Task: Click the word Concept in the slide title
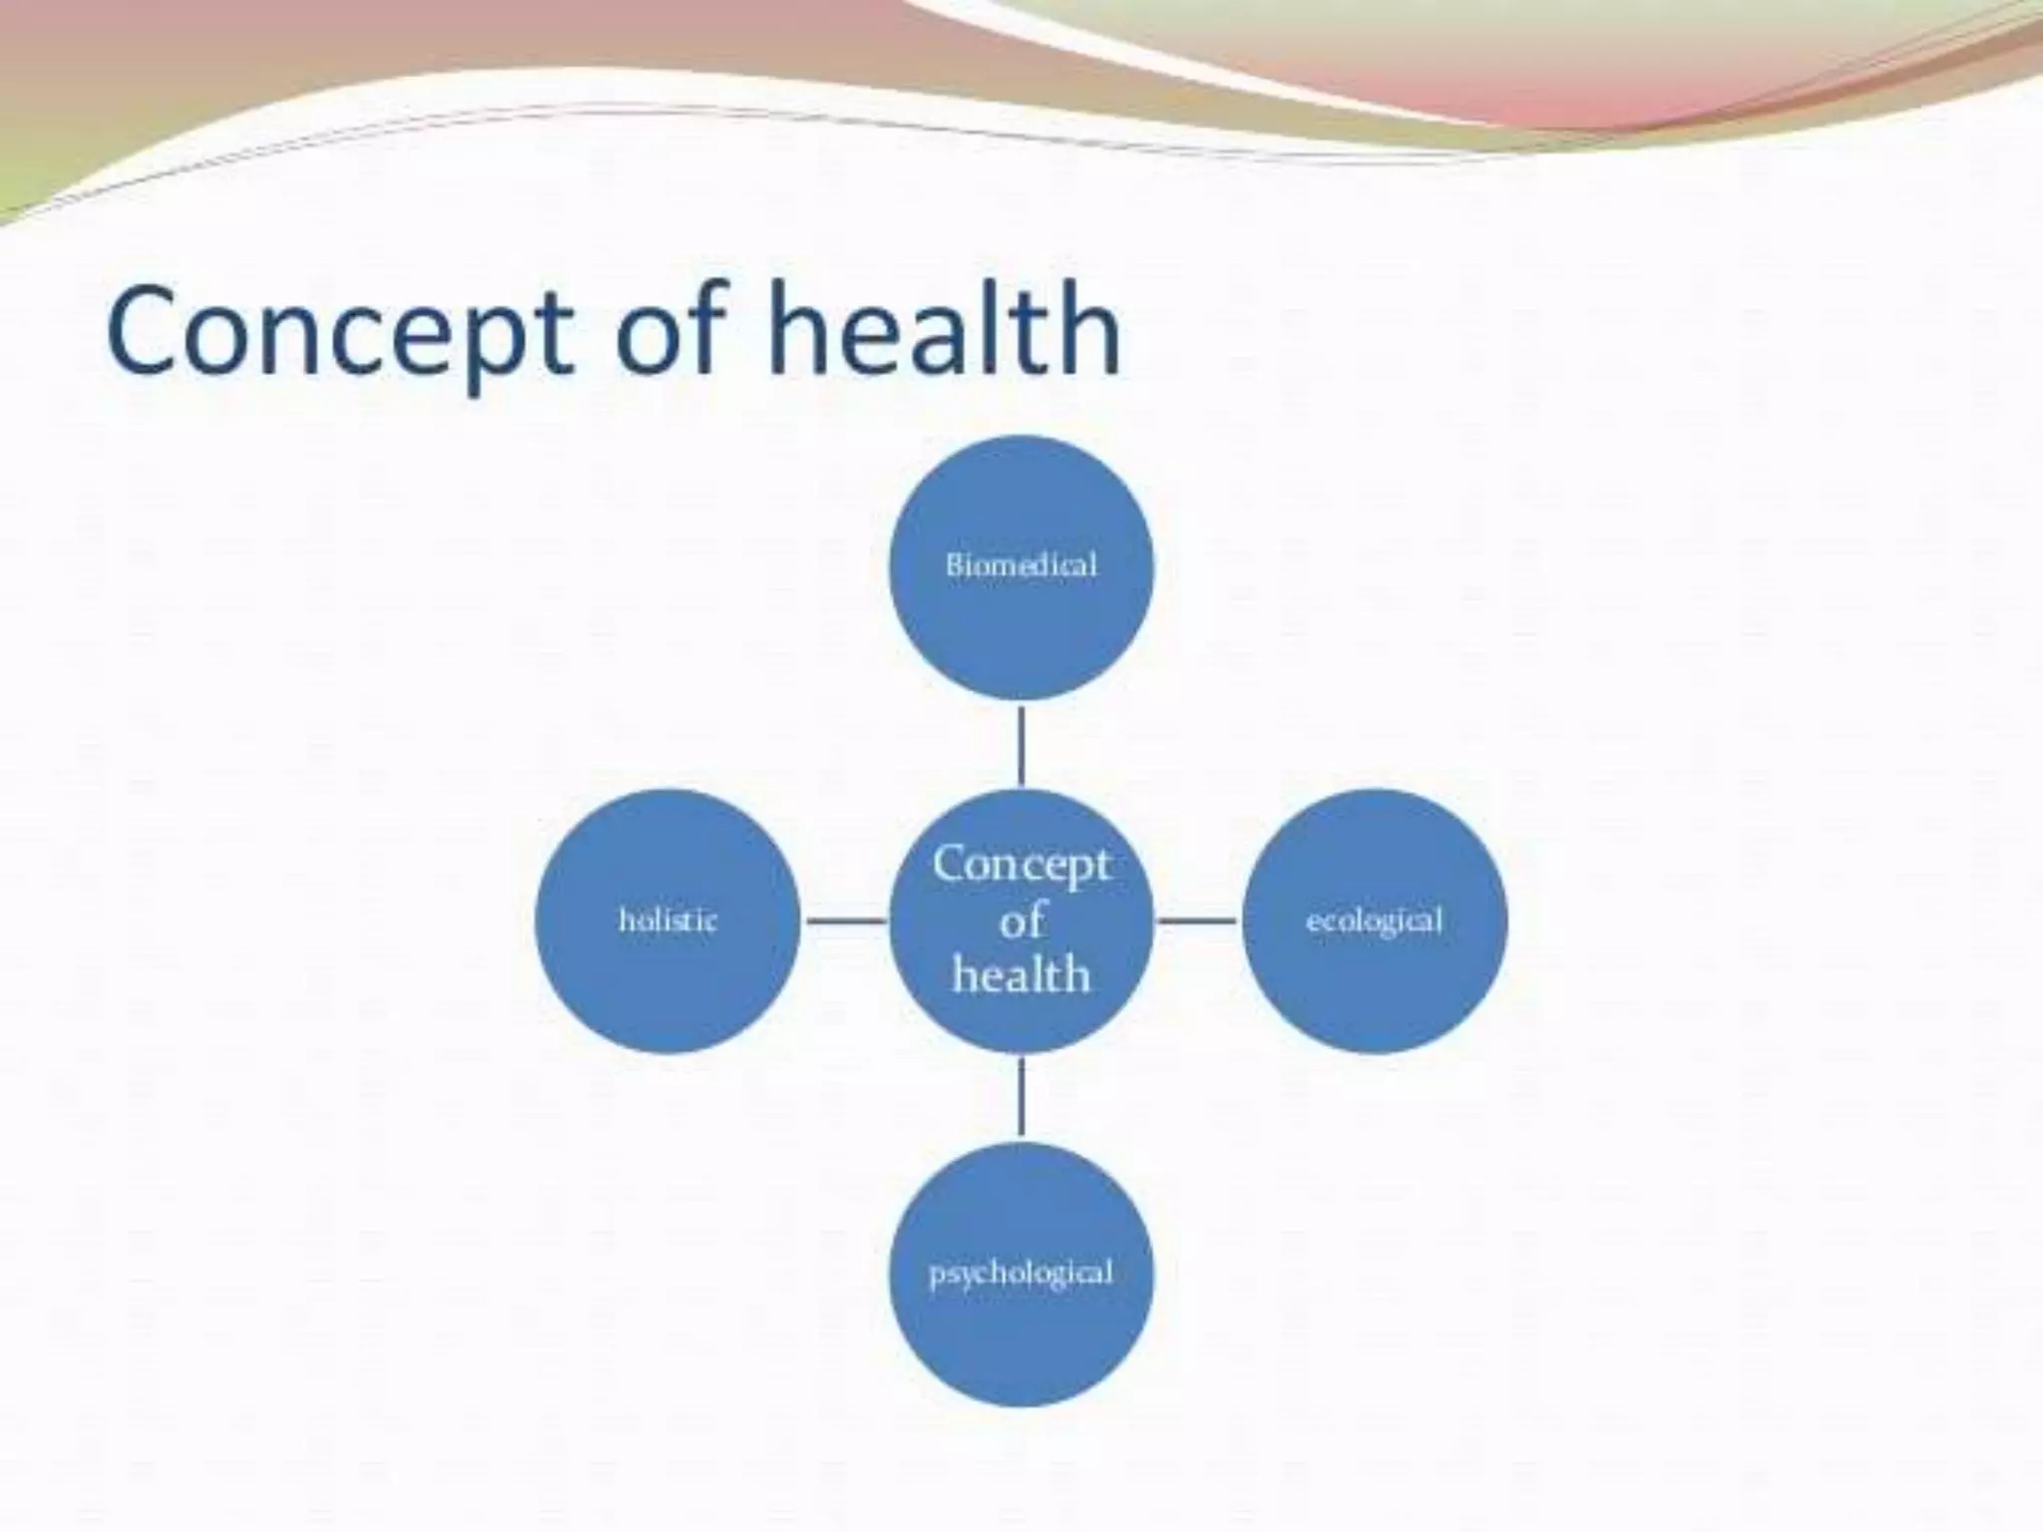339,331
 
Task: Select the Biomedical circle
1021,618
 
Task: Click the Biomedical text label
1021,566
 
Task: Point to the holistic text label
667,920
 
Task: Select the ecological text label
1375,920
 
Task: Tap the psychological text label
1021,1274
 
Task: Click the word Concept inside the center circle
1021,864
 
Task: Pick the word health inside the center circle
1021,974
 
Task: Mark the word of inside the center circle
1021,920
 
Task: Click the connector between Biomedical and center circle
1021,745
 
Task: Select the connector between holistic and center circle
845,920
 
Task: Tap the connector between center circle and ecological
1197,920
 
